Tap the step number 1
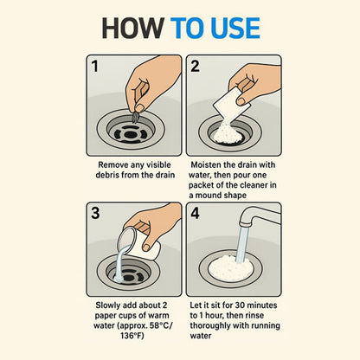(x=95, y=66)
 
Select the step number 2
(x=195, y=66)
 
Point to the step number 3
(x=95, y=213)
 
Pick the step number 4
(x=195, y=214)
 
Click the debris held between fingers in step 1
(x=135, y=117)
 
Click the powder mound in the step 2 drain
(x=228, y=133)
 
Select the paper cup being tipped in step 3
(x=138, y=242)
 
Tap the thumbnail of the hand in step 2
(x=241, y=100)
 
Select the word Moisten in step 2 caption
(x=206, y=165)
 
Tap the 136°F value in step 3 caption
(x=132, y=336)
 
